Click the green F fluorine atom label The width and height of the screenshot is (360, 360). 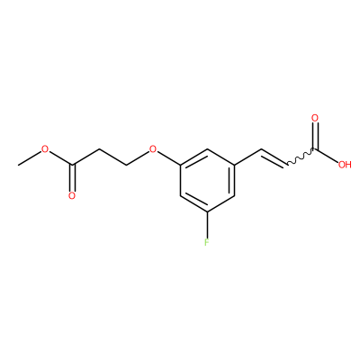(x=207, y=242)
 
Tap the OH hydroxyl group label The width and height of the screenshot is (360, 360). (x=345, y=165)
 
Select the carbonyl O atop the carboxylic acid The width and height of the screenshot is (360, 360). (x=315, y=118)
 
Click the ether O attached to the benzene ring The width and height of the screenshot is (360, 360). (x=153, y=149)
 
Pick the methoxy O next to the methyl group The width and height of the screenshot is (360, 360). (x=45, y=149)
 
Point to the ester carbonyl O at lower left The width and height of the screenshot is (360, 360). (x=72, y=196)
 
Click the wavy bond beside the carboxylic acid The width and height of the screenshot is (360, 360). (x=301, y=157)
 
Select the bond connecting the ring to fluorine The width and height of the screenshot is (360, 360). (x=207, y=223)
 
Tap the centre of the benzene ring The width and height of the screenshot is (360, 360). (x=207, y=180)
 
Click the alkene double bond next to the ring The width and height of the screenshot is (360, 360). (x=274, y=158)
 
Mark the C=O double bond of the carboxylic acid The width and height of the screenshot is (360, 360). (x=315, y=136)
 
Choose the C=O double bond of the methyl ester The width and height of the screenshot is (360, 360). (x=72, y=177)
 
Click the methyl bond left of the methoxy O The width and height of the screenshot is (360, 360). (x=30, y=157)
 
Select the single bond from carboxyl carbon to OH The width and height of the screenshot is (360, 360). (x=327, y=156)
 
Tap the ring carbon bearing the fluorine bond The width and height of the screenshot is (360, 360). (x=207, y=211)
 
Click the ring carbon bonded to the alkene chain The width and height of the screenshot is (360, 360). (x=234, y=165)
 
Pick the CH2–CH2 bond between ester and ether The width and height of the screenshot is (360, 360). (x=112, y=157)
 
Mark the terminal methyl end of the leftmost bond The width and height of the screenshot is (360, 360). (x=18, y=165)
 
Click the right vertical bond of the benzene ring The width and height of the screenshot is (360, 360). (x=234, y=180)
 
